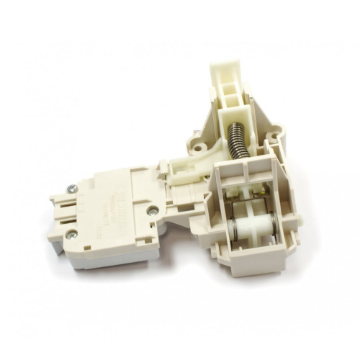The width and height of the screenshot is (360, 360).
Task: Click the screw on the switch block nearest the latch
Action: point(153,212)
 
